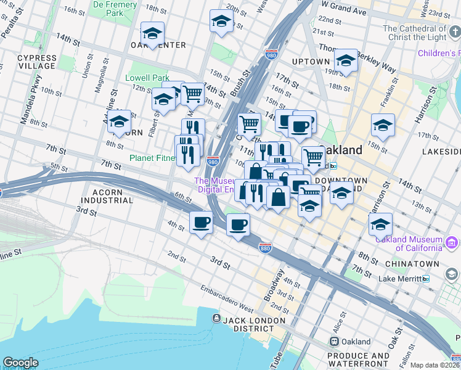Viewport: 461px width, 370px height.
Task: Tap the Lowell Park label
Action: tap(147, 78)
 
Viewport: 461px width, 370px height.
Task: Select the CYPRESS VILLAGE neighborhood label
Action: tap(37, 62)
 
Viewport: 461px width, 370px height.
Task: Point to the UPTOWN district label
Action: tap(311, 62)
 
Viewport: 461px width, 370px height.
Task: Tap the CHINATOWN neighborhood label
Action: tap(412, 264)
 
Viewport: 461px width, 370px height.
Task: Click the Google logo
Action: tap(20, 363)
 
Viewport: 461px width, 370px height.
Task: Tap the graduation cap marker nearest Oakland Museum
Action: tap(380, 223)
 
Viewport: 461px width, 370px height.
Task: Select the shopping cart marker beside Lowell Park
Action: tap(192, 94)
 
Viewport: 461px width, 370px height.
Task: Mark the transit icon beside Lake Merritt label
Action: tap(426, 279)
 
